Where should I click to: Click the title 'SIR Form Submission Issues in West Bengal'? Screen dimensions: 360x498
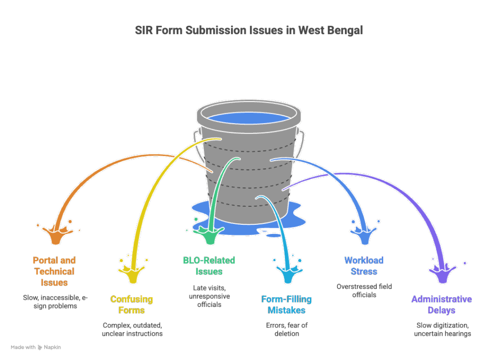pyautogui.click(x=249, y=31)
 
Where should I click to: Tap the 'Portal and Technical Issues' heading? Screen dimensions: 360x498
pyautogui.click(x=54, y=271)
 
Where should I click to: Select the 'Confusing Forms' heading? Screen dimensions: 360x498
pyautogui.click(x=131, y=304)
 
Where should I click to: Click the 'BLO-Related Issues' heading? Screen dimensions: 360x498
pyautogui.click(x=209, y=266)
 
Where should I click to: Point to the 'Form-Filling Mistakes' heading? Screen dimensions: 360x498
pyautogui.click(x=286, y=304)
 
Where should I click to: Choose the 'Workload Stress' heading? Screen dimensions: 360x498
pyautogui.click(x=364, y=266)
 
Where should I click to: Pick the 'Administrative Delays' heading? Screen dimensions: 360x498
pyautogui.click(x=442, y=304)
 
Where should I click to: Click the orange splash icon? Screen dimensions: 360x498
pyautogui.click(x=55, y=234)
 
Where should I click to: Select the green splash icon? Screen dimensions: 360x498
pyautogui.click(x=209, y=234)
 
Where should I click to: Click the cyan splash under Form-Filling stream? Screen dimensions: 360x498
pyautogui.click(x=287, y=272)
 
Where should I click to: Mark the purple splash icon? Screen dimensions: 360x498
pyautogui.click(x=442, y=272)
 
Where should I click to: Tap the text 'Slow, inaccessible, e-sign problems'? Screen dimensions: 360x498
pyautogui.click(x=54, y=301)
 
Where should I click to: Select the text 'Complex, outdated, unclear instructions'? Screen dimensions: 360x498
pyautogui.click(x=131, y=329)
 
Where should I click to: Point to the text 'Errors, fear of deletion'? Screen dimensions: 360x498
pyautogui.click(x=286, y=329)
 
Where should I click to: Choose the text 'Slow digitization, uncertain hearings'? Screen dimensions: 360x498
pyautogui.click(x=442, y=329)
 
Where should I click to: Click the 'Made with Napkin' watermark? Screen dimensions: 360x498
pyautogui.click(x=36, y=347)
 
